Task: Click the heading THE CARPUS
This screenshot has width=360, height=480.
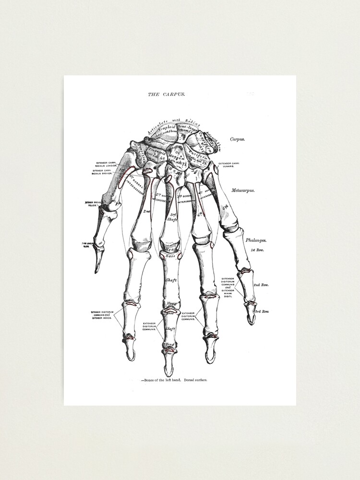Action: (x=166, y=95)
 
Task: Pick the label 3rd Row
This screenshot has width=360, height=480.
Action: (x=262, y=312)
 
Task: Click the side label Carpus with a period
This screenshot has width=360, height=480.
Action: (x=238, y=139)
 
